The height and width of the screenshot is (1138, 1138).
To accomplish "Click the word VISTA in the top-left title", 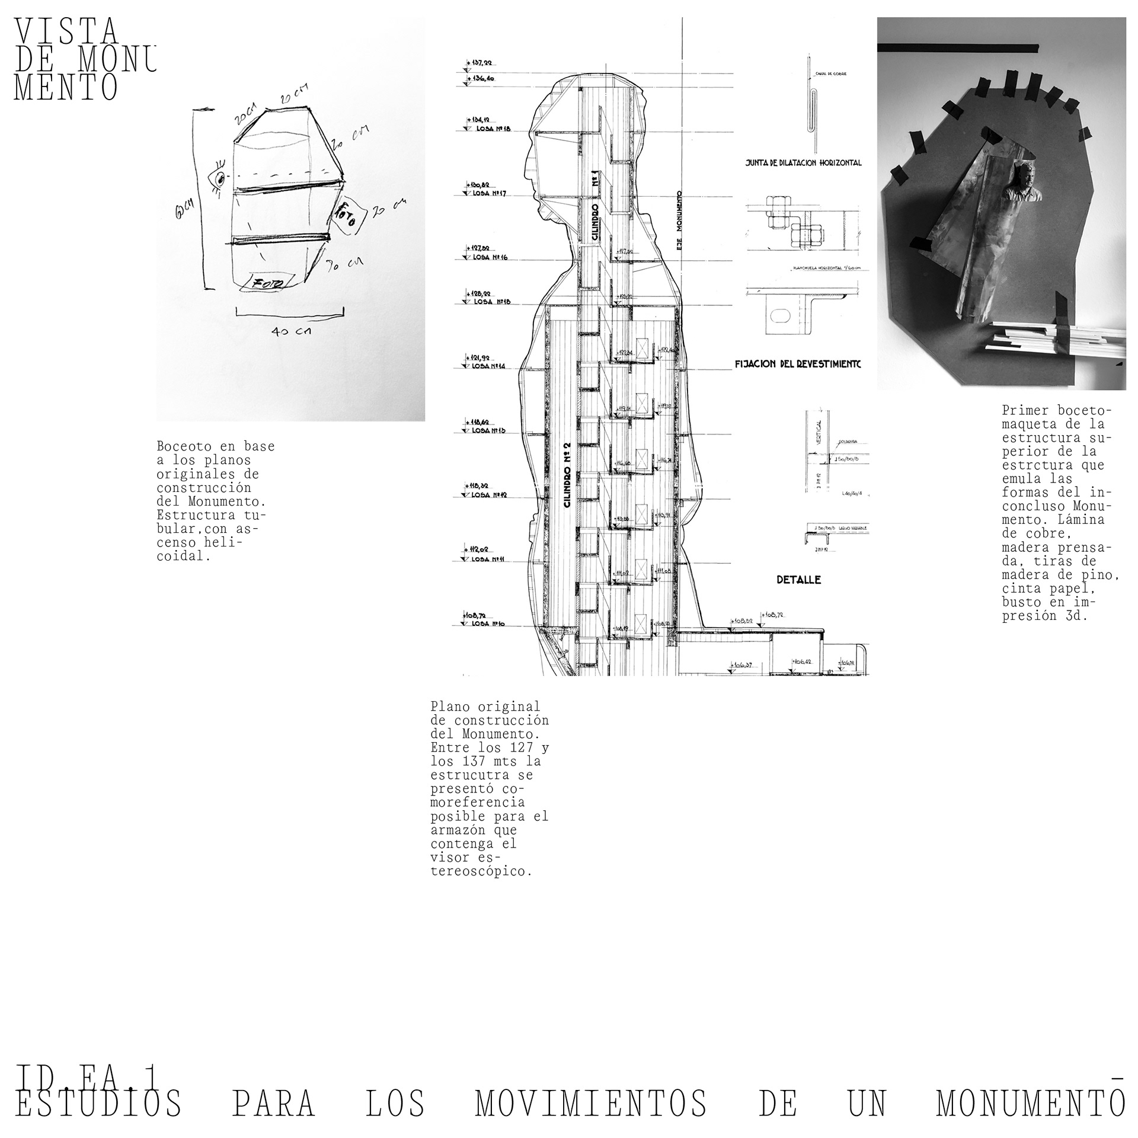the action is pos(66,31).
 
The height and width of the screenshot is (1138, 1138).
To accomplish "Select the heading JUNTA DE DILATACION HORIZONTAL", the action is pos(803,162).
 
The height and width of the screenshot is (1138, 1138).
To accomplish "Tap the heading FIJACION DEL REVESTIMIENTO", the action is pos(797,364).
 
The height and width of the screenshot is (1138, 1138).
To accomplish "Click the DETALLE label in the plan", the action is pos(798,580).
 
